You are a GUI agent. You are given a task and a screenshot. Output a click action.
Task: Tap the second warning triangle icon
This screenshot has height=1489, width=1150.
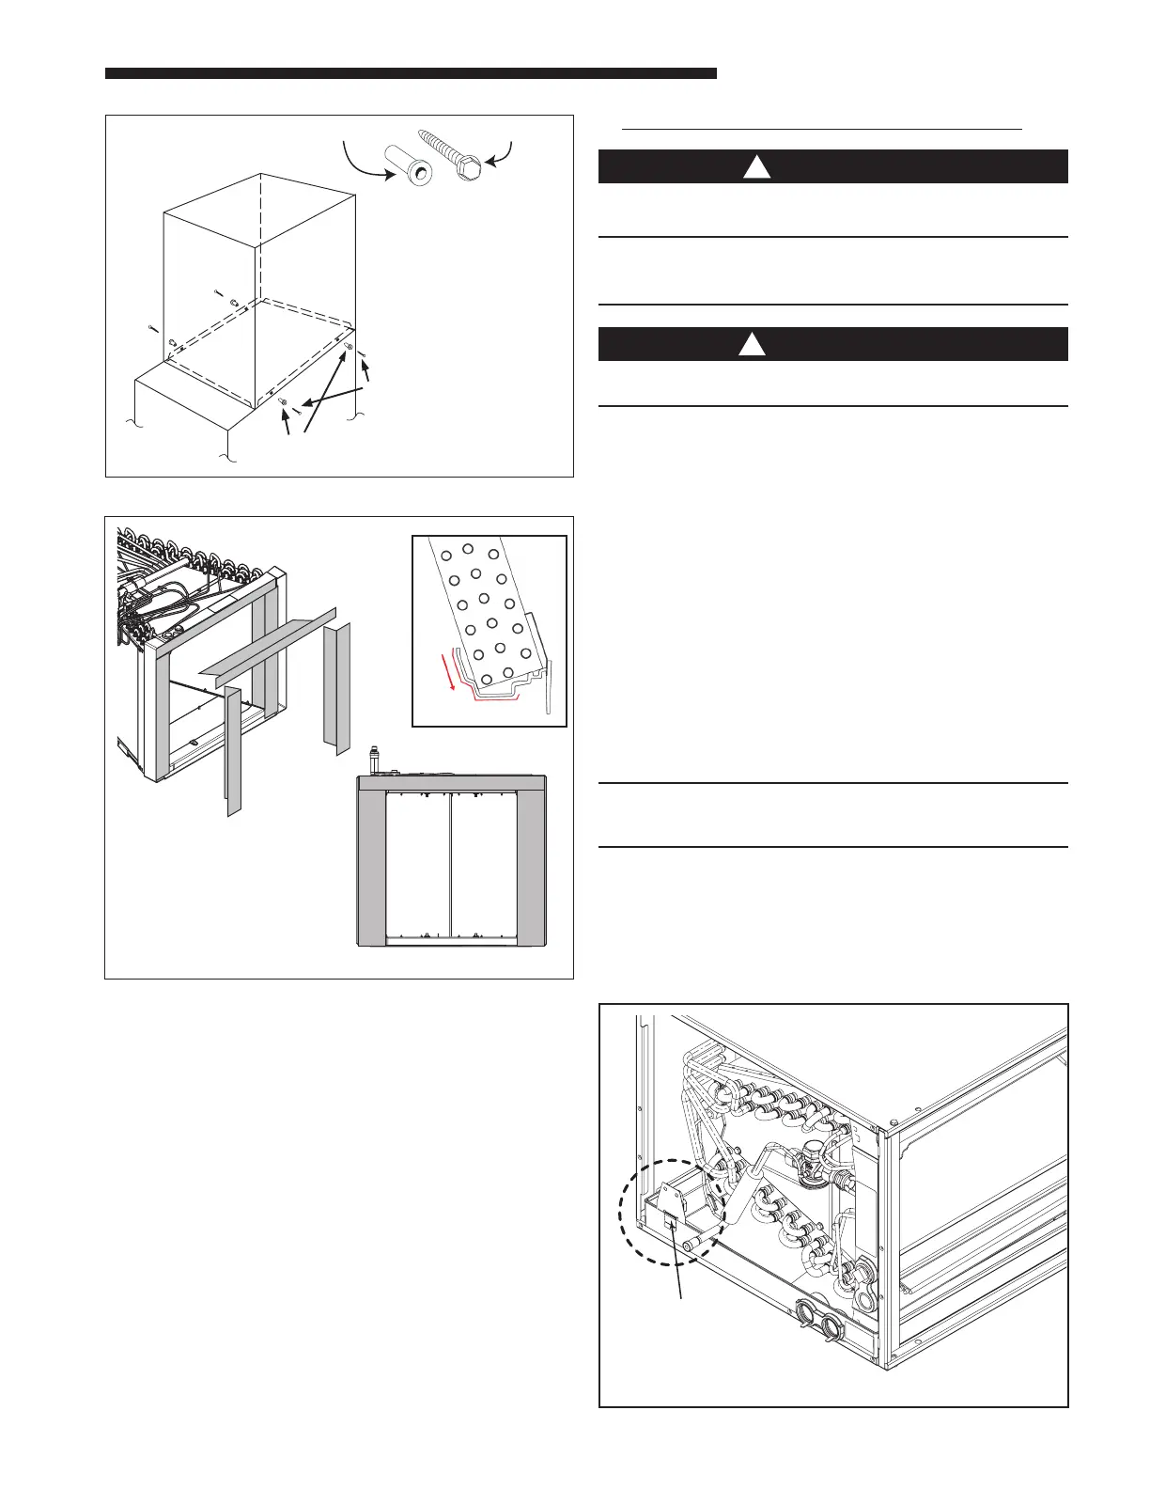click(751, 345)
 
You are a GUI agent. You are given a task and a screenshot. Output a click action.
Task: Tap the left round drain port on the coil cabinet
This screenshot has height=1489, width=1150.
click(806, 1312)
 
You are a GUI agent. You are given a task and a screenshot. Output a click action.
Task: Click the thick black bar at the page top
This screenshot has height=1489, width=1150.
click(411, 72)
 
